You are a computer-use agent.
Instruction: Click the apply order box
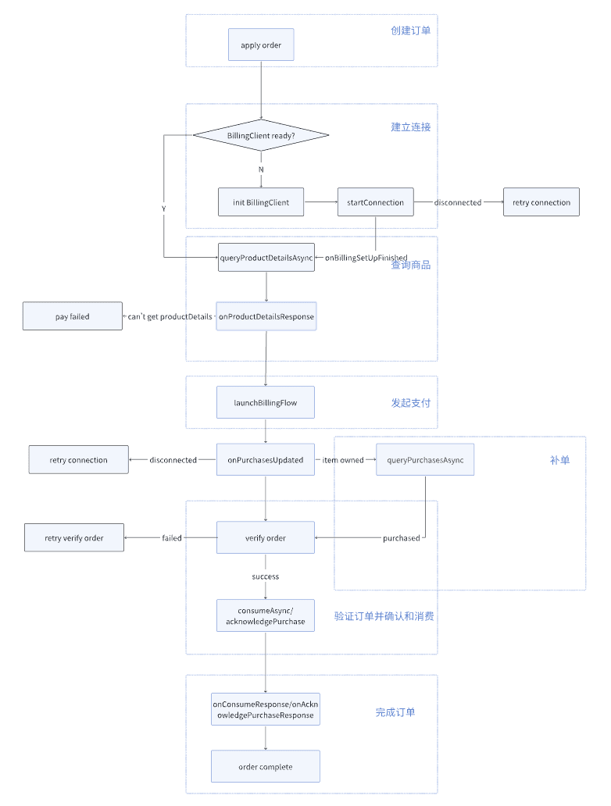pos(261,45)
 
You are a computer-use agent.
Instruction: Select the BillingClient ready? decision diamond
pos(261,135)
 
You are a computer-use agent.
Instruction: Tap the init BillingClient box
pos(261,202)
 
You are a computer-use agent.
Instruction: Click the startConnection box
pos(375,202)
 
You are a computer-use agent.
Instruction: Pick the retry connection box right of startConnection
pos(541,202)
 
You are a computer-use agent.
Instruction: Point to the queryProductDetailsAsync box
pos(266,257)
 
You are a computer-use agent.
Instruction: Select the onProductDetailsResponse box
pos(266,316)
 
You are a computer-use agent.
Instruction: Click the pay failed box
pos(73,316)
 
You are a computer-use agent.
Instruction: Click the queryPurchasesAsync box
pos(425,460)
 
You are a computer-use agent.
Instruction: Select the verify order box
pos(265,537)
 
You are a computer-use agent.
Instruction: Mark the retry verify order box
pos(74,537)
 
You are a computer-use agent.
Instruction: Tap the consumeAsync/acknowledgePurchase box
pos(265,615)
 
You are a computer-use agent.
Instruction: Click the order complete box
pos(265,766)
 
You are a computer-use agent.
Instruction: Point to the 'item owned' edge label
pos(343,460)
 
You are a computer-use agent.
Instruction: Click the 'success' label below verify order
pos(265,576)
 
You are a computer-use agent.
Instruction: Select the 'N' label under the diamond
pos(261,169)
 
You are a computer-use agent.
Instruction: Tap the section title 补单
pos(559,460)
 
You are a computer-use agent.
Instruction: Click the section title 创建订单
pos(410,30)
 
